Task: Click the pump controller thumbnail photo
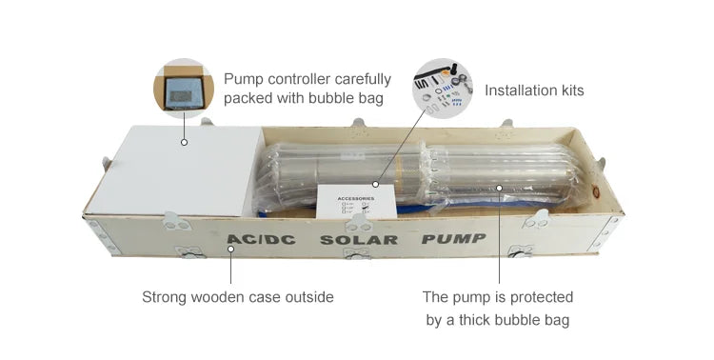pyautogui.click(x=183, y=89)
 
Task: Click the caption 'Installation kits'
pyautogui.click(x=534, y=90)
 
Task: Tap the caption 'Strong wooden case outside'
pyautogui.click(x=238, y=297)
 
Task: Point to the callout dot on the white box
pyautogui.click(x=183, y=143)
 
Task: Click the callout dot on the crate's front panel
pyautogui.click(x=229, y=250)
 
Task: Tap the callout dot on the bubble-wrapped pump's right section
pyautogui.click(x=497, y=188)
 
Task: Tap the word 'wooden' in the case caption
pyautogui.click(x=219, y=297)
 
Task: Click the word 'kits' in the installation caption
pyautogui.click(x=567, y=90)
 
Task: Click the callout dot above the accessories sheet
pyautogui.click(x=377, y=184)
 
